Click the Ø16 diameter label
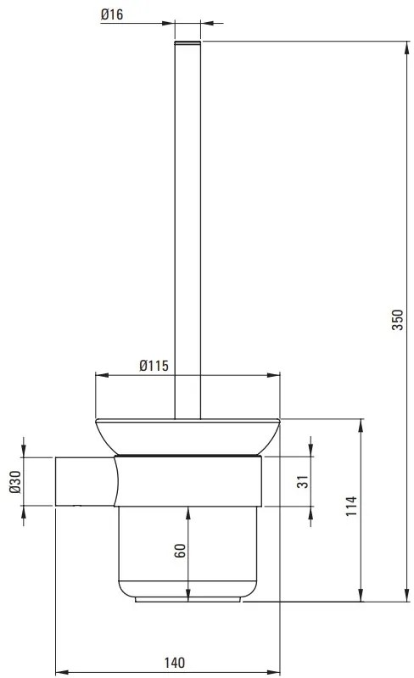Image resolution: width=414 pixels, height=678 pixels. click(x=135, y=14)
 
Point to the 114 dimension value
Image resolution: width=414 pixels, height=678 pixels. click(x=351, y=507)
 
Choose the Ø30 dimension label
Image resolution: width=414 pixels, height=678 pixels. click(x=14, y=481)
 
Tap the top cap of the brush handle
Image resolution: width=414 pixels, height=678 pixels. click(x=187, y=43)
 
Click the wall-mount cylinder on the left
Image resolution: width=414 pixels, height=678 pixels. click(x=83, y=482)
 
